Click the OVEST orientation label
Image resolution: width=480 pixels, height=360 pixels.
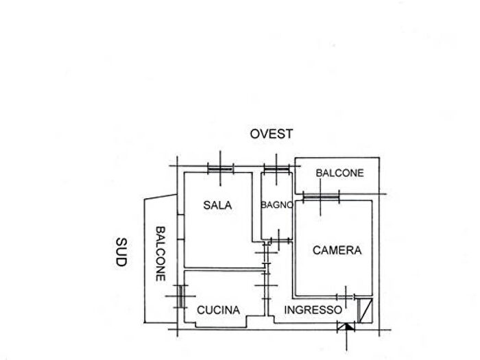click(x=272, y=134)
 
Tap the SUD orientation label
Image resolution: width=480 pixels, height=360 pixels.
click(x=121, y=252)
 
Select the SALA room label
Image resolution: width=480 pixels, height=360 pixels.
click(x=217, y=205)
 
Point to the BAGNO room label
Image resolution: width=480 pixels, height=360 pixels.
click(x=277, y=205)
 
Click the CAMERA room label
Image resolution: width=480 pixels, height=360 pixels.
click(x=337, y=250)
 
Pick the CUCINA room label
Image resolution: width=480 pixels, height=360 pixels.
click(x=218, y=310)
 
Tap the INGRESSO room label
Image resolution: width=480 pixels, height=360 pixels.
click(x=313, y=310)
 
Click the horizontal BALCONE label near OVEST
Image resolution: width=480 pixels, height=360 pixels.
click(x=339, y=173)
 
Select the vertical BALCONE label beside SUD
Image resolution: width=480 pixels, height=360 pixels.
click(x=160, y=254)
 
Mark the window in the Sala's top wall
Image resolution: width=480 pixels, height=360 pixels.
click(x=220, y=169)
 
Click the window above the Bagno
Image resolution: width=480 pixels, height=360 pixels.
click(x=276, y=169)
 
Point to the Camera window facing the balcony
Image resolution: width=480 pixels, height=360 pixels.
click(x=321, y=197)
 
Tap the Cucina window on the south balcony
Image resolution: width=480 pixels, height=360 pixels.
click(x=181, y=296)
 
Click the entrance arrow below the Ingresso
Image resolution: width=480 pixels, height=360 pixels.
click(x=346, y=337)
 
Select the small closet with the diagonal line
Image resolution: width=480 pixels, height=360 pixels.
click(x=365, y=311)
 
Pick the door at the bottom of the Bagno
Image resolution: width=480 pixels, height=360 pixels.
click(x=279, y=240)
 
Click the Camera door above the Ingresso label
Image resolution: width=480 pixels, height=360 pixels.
click(x=346, y=297)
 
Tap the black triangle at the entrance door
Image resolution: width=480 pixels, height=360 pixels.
click(x=348, y=326)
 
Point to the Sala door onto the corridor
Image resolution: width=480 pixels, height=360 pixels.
click(x=266, y=253)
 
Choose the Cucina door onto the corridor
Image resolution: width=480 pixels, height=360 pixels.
click(x=266, y=285)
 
